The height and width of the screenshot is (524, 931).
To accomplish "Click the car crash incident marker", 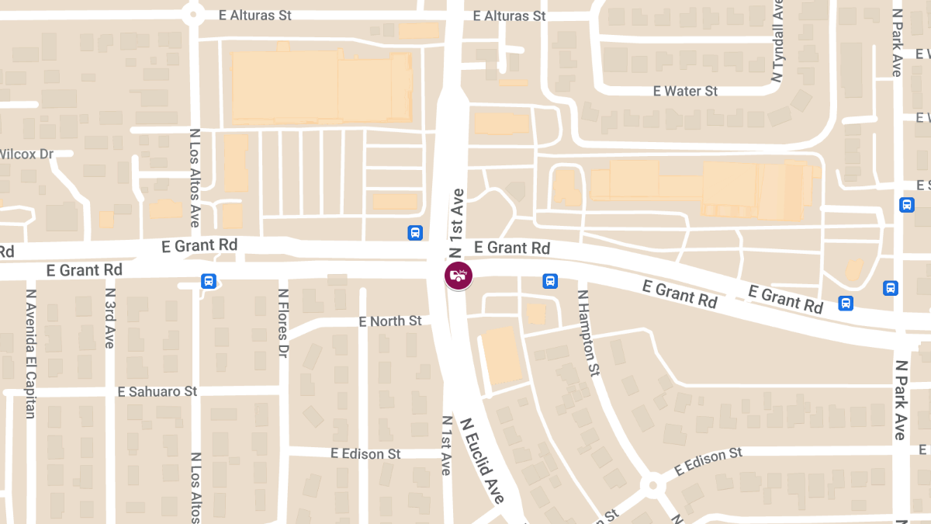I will [x=458, y=276].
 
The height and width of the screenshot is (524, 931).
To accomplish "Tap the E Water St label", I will [x=685, y=92].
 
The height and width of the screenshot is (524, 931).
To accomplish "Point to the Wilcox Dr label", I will [x=26, y=154].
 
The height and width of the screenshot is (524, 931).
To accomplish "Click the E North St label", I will [x=390, y=321].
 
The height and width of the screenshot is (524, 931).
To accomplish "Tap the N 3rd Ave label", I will [x=109, y=318].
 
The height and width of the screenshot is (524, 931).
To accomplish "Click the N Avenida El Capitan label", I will [x=31, y=354].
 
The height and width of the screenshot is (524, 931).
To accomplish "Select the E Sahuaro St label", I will [x=157, y=391].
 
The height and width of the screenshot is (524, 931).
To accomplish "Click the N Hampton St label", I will [x=588, y=331].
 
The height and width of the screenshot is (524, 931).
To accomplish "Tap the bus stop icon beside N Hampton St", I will [x=550, y=280].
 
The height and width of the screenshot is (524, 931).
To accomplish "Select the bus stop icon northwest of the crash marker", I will [x=415, y=232].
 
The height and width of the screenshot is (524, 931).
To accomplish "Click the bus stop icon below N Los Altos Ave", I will [x=208, y=281].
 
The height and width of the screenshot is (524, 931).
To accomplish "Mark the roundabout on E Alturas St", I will [x=192, y=13].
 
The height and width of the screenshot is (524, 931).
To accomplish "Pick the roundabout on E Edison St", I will [x=652, y=486].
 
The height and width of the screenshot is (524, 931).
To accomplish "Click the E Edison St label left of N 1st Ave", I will [x=365, y=453].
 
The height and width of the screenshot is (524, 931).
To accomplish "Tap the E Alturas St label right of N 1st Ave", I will [x=509, y=16].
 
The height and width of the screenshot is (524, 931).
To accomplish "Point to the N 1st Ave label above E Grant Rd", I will [x=457, y=222].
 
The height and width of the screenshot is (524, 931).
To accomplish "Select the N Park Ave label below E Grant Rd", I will [x=900, y=400].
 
